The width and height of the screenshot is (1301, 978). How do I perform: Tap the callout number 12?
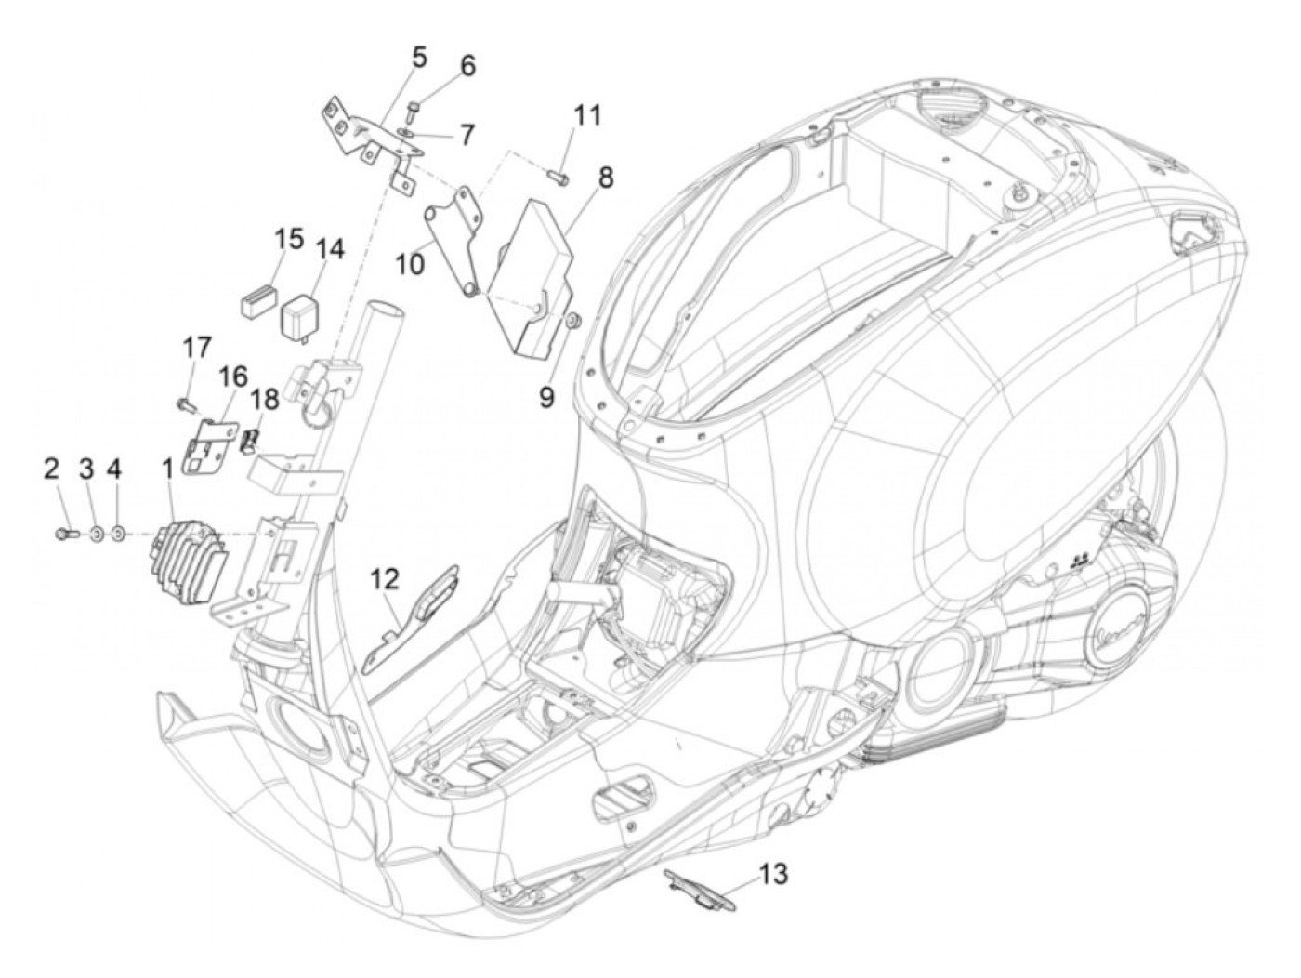pos(386,578)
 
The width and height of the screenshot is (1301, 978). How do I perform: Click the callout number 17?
pos(196,348)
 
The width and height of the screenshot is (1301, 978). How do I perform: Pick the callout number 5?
pos(419,59)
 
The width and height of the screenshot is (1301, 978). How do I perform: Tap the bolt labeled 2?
pos(67,534)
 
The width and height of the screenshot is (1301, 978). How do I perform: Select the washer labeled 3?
pos(95,534)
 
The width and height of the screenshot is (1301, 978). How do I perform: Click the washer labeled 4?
pos(117,534)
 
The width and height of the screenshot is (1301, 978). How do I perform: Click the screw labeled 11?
pos(558,176)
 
